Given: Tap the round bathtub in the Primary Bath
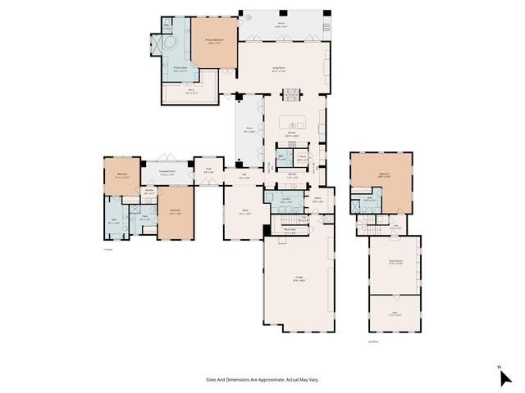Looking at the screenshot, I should (x=171, y=41).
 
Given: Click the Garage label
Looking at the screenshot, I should (x=299, y=279).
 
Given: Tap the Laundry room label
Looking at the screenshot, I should (x=286, y=199).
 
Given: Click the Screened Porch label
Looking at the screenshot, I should (x=167, y=174).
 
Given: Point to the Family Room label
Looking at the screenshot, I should (x=393, y=263).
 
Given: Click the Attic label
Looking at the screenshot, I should (x=393, y=313).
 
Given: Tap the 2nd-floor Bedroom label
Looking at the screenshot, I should (x=384, y=174).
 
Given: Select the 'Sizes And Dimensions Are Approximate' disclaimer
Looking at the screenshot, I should (x=262, y=380).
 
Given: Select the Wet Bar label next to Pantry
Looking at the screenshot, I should (x=292, y=174).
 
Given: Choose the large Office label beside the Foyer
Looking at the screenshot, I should (x=244, y=211).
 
